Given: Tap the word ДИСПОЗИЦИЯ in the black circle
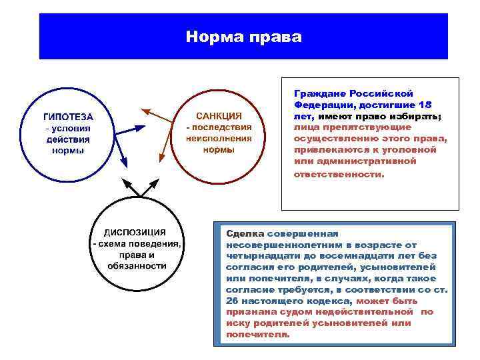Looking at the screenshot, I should click(135, 232).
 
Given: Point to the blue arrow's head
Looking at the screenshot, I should click(123, 163).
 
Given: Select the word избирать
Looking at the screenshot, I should click(415, 116).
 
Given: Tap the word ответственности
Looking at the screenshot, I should click(339, 174).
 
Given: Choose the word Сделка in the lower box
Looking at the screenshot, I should click(245, 233).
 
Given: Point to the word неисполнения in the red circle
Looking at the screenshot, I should click(219, 138).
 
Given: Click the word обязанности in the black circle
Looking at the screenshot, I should click(137, 266).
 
